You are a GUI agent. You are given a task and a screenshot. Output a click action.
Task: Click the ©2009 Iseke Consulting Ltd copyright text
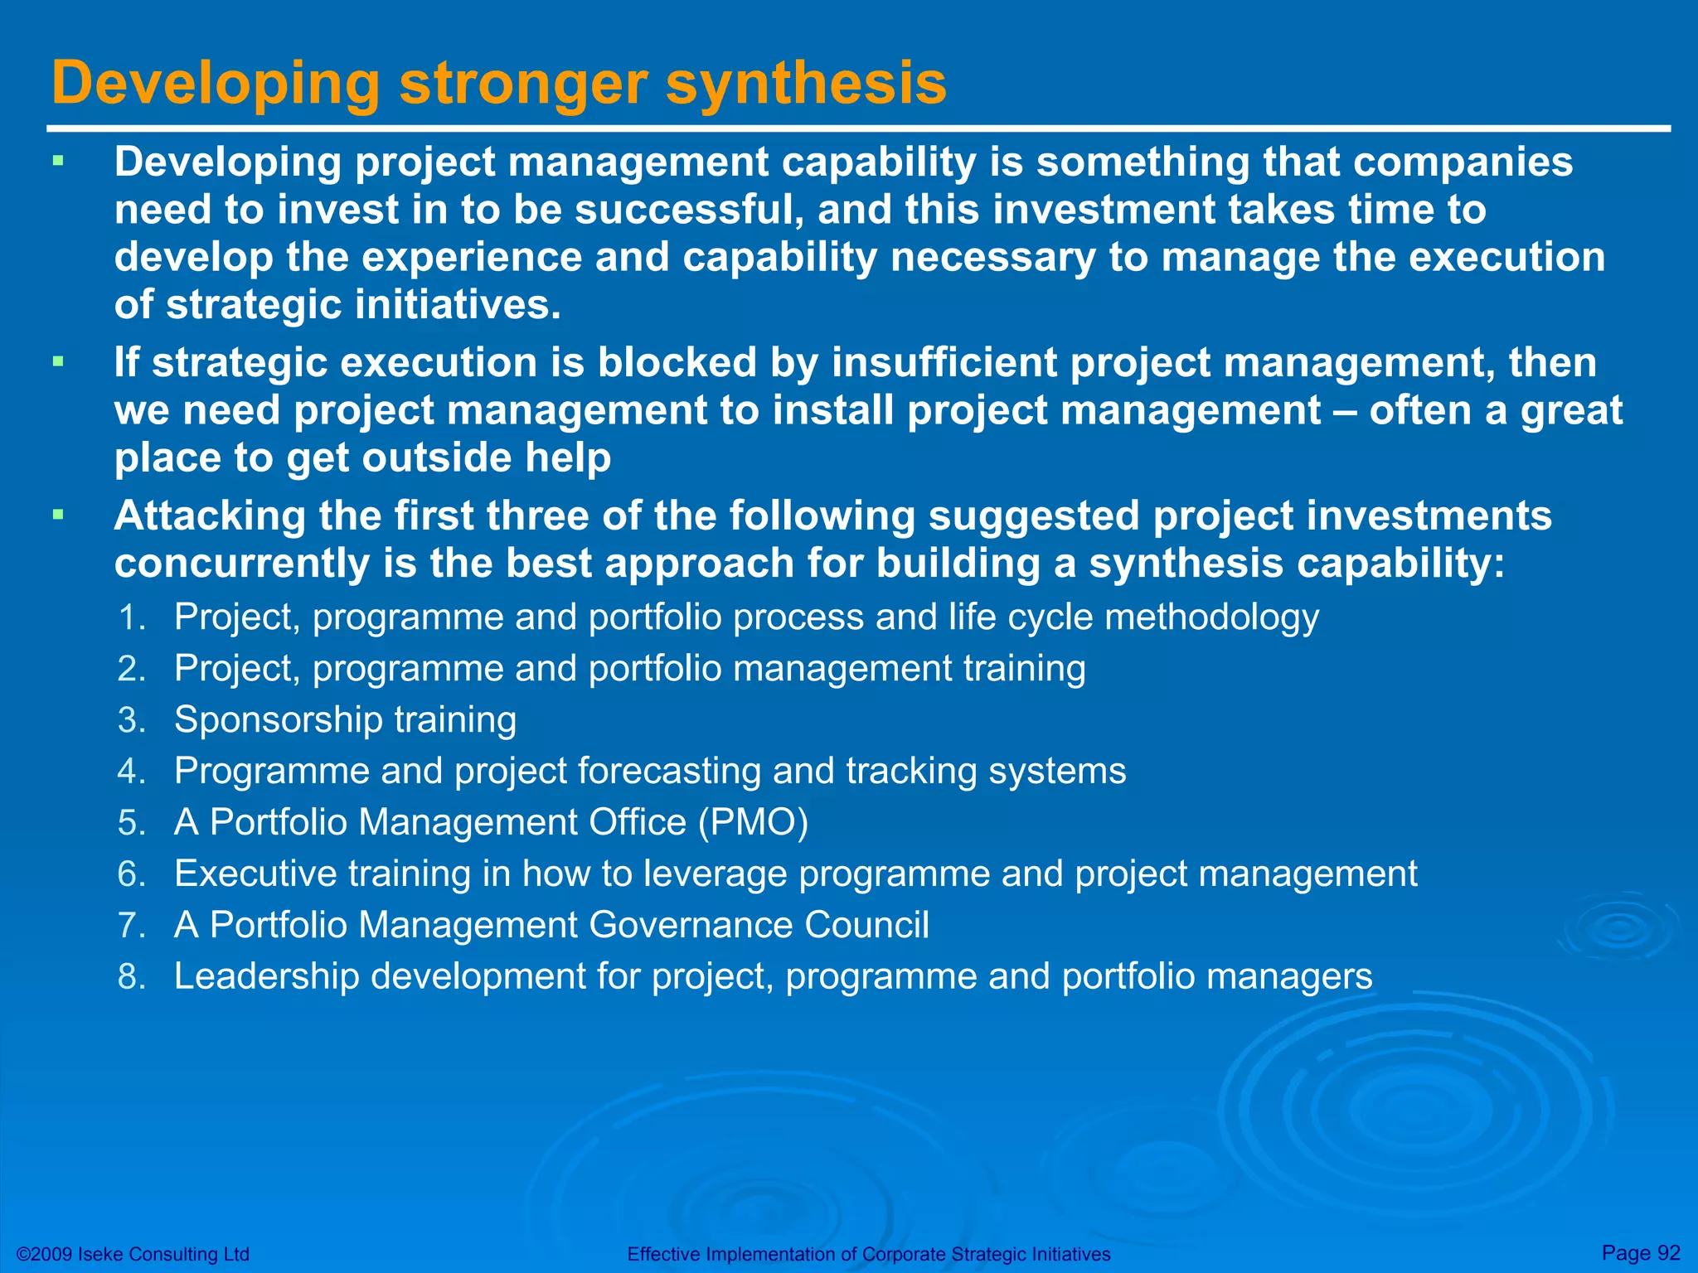point(133,1254)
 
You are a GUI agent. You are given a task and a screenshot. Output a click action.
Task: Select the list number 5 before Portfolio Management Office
point(131,823)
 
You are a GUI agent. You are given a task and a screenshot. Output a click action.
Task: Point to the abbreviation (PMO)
point(753,823)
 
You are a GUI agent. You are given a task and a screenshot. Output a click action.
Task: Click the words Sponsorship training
point(345,719)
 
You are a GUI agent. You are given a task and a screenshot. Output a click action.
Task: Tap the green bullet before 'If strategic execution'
point(57,362)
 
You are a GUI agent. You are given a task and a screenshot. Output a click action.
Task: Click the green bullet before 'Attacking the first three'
point(57,515)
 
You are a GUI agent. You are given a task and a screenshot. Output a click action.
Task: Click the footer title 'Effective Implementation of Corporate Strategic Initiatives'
point(868,1254)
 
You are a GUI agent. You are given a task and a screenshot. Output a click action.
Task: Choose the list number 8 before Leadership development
point(131,976)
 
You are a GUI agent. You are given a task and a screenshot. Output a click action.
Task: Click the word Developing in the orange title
point(216,85)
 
